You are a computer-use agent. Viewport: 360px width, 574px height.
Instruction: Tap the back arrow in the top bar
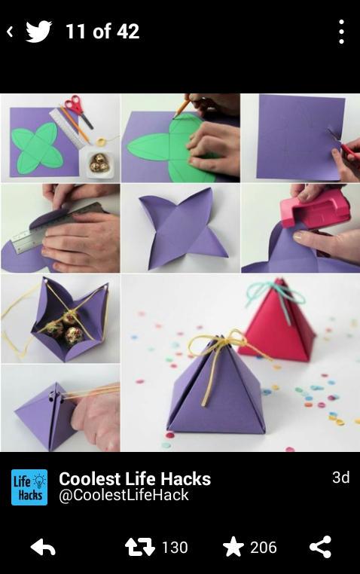tap(11, 32)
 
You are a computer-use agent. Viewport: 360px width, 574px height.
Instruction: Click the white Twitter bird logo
tap(38, 32)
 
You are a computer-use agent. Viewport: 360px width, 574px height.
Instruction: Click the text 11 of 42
tap(102, 32)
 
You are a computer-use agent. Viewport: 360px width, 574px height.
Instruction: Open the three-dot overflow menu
tap(341, 32)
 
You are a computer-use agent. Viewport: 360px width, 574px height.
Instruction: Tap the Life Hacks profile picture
tap(29, 487)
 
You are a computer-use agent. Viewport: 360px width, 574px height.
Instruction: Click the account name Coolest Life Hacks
tap(135, 479)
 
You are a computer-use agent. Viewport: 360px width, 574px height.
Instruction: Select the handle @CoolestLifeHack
tap(124, 495)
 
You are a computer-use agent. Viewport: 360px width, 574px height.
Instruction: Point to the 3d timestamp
tap(341, 478)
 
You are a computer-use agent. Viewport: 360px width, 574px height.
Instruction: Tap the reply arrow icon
tap(43, 548)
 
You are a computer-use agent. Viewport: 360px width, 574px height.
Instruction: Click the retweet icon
tap(140, 548)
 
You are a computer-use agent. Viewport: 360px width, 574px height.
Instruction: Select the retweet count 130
tap(175, 548)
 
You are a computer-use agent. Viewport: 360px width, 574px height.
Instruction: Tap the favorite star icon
tap(233, 547)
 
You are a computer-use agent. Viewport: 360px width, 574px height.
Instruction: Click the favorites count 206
tap(264, 548)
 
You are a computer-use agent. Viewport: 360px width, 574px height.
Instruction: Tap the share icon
tap(321, 547)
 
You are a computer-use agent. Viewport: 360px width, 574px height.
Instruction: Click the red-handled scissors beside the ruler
tap(78, 110)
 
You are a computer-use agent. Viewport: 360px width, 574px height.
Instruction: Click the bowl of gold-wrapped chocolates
tap(99, 164)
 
